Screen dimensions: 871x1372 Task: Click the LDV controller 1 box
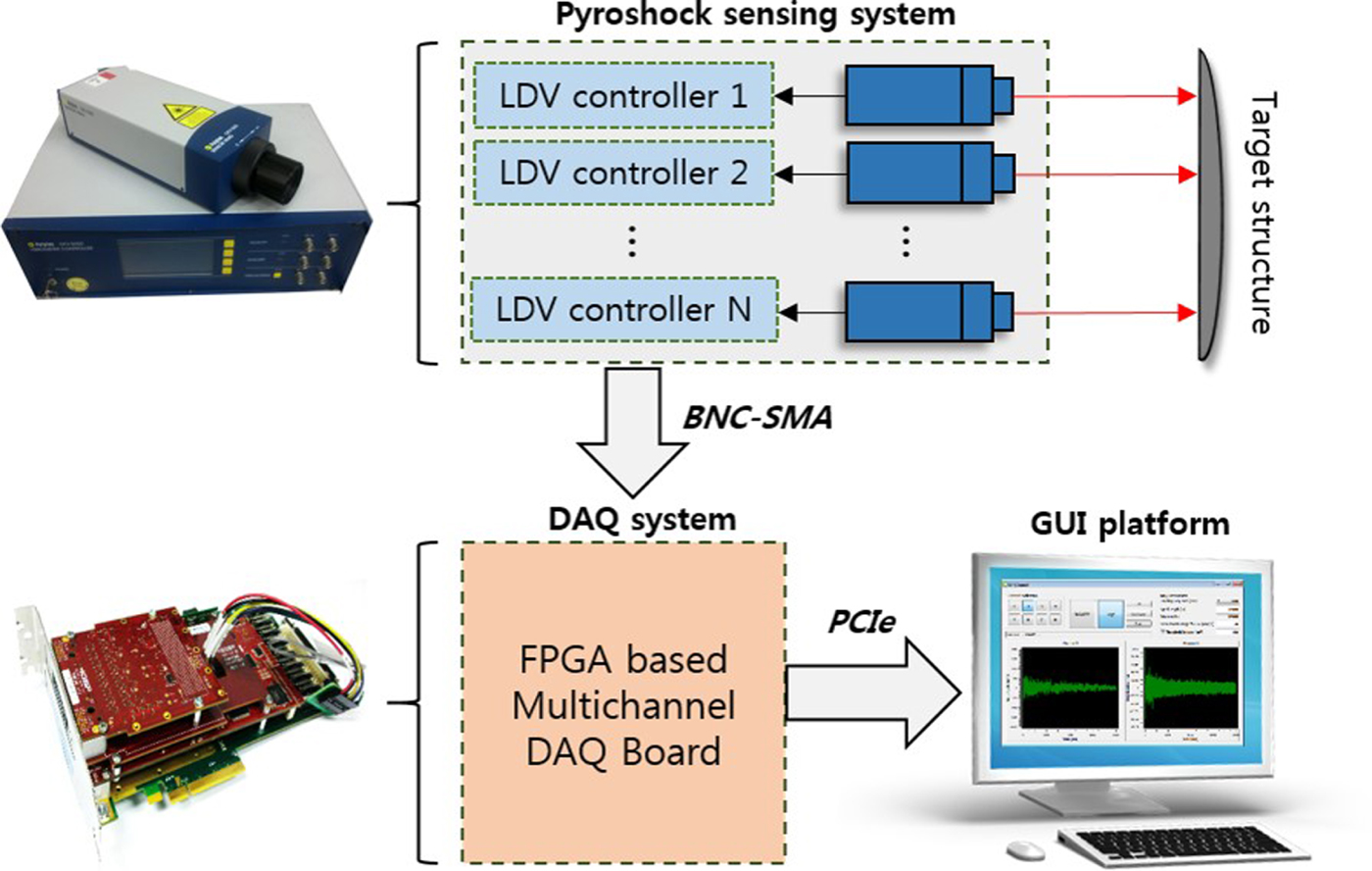tap(623, 96)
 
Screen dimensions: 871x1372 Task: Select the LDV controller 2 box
tap(623, 173)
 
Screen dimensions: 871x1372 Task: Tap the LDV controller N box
tap(623, 310)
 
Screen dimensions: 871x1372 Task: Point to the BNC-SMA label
tap(758, 417)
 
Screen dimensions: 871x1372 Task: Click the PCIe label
tap(861, 622)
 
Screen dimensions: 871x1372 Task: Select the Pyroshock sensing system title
tap(755, 14)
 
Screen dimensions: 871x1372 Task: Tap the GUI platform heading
tap(1129, 524)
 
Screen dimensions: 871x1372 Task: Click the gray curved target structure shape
tap(1211, 206)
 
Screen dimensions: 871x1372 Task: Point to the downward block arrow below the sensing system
tap(632, 432)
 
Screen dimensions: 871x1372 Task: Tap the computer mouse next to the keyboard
tap(1024, 848)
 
